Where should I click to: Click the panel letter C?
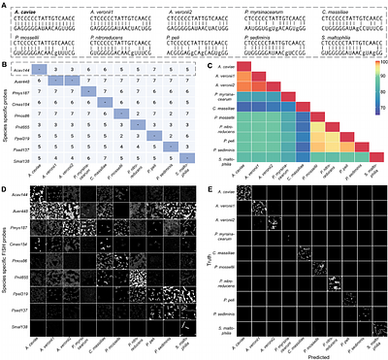click(x=210, y=62)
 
